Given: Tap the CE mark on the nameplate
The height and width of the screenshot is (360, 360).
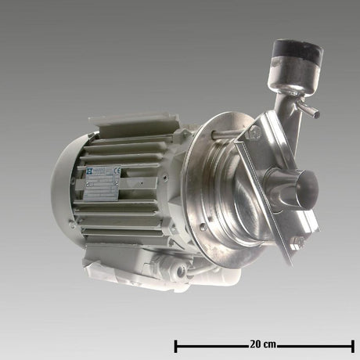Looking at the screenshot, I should click(x=117, y=170).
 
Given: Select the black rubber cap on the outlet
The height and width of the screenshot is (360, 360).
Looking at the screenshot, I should click(x=297, y=52).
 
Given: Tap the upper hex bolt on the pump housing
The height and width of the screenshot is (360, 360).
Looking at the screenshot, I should click(x=253, y=134).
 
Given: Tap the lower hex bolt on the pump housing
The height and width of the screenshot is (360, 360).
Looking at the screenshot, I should click(x=297, y=243).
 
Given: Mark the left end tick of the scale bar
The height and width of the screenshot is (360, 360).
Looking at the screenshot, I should click(x=176, y=345).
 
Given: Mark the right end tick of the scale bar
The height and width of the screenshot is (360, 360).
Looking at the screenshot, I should click(x=353, y=345).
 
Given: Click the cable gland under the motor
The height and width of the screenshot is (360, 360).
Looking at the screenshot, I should click(x=181, y=269).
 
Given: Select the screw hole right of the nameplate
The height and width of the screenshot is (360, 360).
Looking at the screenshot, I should click(x=164, y=178).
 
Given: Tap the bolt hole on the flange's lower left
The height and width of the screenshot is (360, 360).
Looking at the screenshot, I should click(x=203, y=227).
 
